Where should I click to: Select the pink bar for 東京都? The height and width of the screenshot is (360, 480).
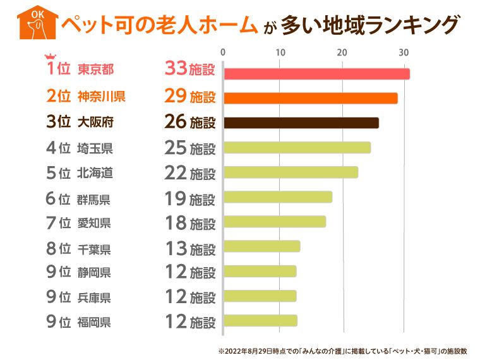(316, 74)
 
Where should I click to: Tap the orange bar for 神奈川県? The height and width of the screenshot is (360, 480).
(310, 99)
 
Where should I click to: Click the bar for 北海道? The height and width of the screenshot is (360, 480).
(291, 172)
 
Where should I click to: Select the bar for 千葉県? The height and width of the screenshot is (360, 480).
(261, 246)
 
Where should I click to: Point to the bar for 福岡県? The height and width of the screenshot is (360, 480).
(260, 320)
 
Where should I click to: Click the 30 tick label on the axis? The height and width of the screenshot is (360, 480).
(404, 51)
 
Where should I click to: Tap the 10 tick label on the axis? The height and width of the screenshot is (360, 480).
(282, 51)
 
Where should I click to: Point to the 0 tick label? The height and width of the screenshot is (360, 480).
(223, 51)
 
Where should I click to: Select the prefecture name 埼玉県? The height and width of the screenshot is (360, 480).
(95, 149)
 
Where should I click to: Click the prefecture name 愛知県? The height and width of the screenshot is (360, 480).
(95, 223)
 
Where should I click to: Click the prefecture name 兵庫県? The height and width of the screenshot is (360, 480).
(95, 297)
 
